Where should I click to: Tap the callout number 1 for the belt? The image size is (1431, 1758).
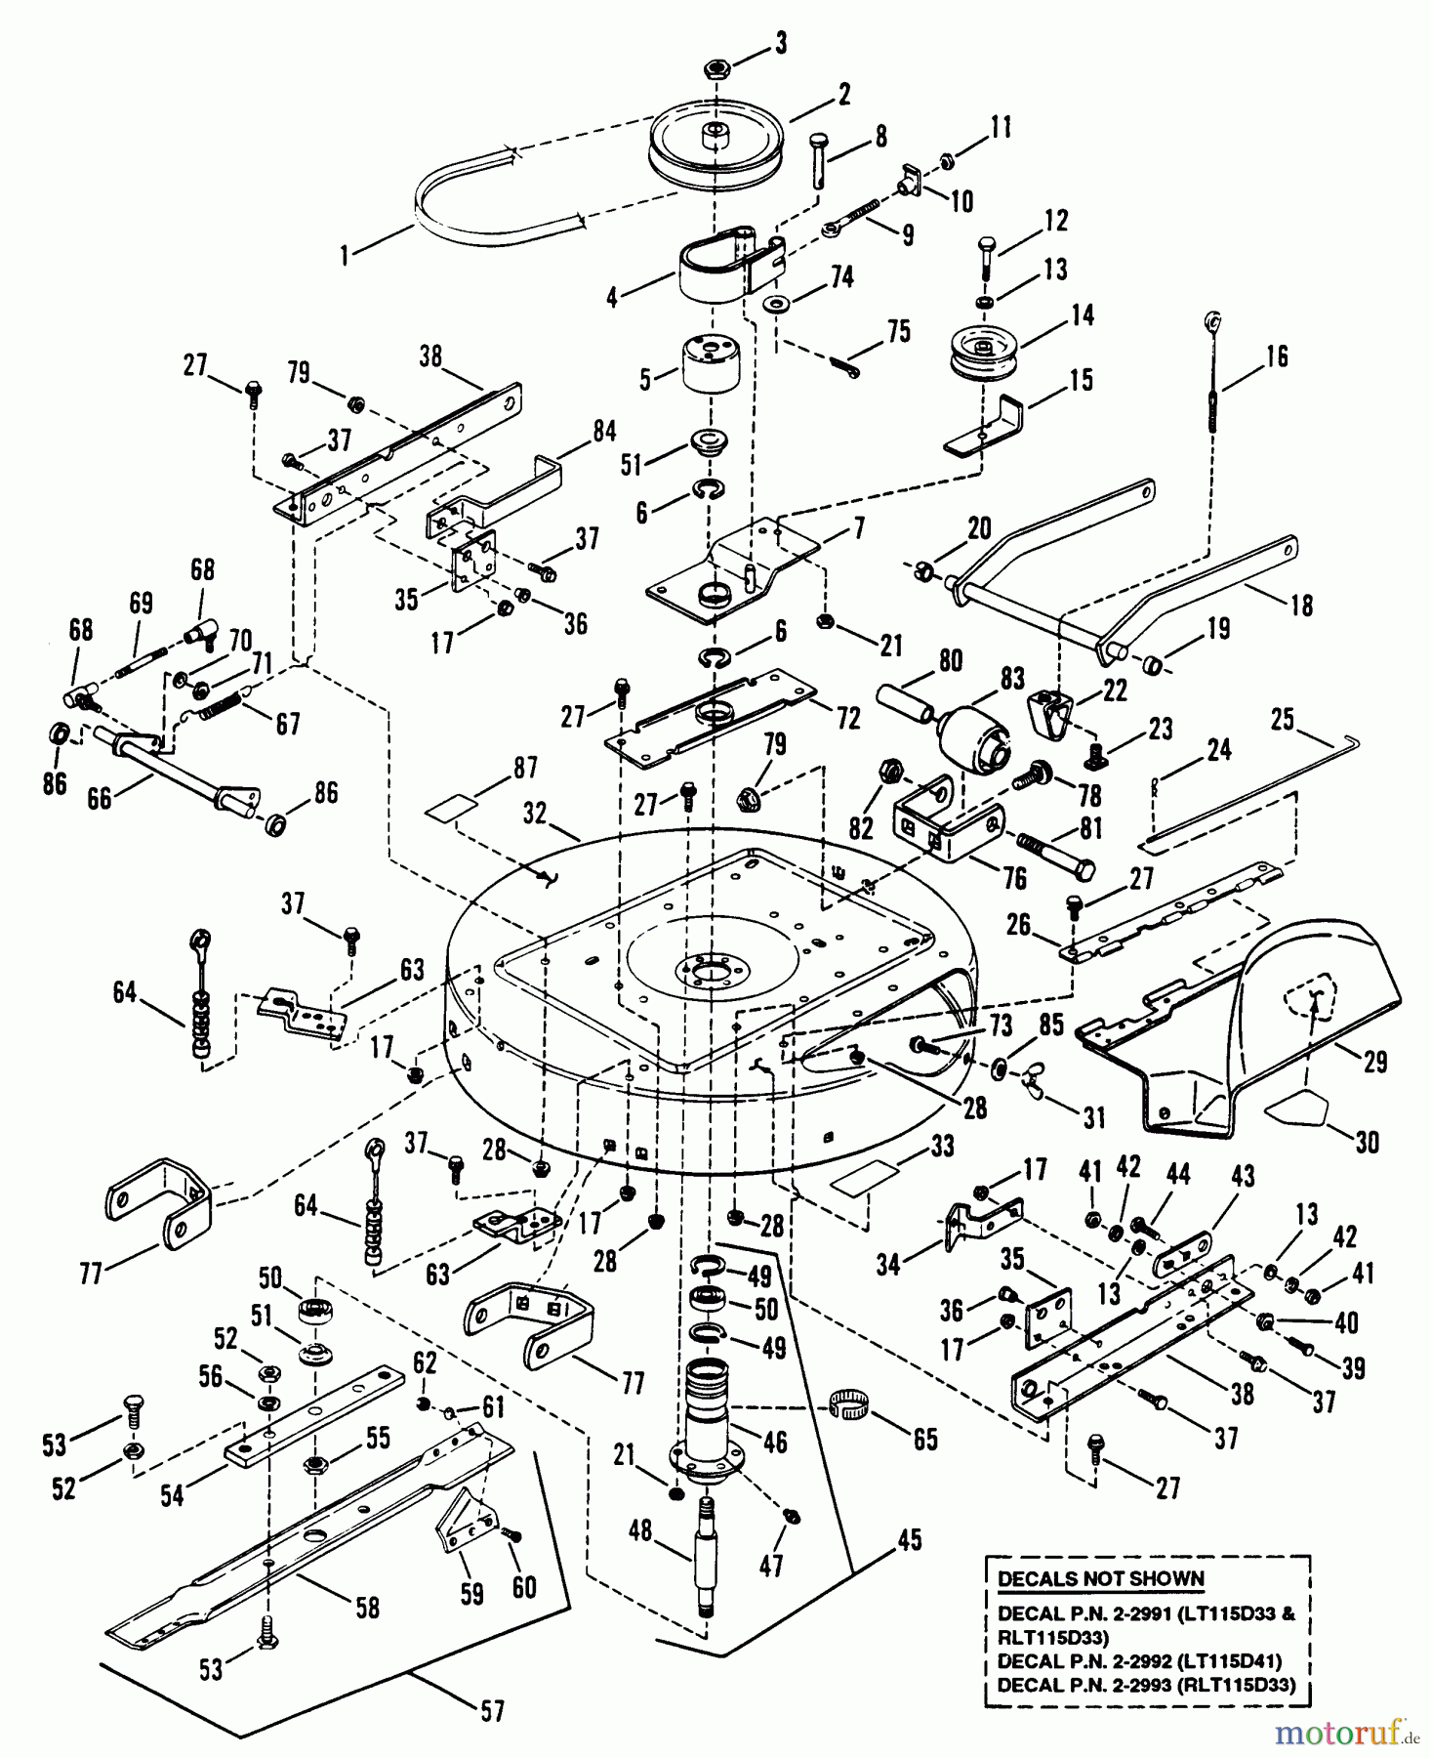tap(344, 256)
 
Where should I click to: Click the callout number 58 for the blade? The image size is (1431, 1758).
tap(366, 1608)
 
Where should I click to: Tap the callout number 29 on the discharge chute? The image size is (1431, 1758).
tap(1374, 1062)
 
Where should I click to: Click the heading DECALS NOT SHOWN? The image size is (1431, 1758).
tap(1100, 1579)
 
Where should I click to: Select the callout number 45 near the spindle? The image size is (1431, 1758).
tap(910, 1540)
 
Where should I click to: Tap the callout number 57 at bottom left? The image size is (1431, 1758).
tap(493, 1711)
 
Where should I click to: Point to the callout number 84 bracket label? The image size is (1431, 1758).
tap(603, 430)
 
